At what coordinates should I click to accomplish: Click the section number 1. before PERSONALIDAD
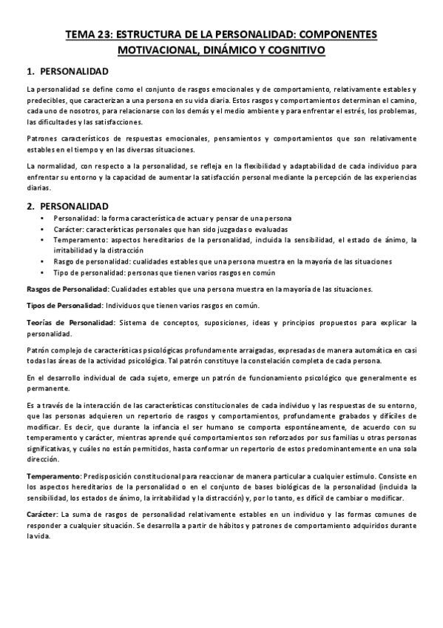(x=30, y=73)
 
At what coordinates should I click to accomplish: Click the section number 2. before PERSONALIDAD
(x=30, y=205)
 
